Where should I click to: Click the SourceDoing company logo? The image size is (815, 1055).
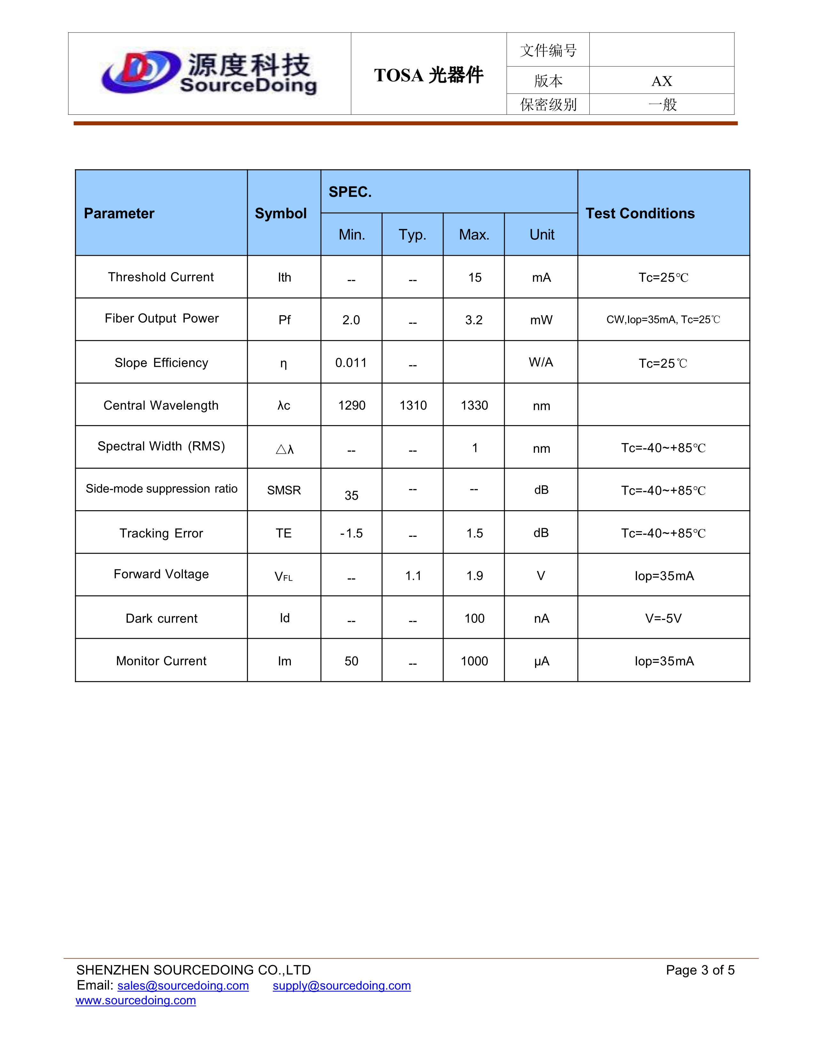209,74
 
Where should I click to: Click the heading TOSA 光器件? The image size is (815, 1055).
428,75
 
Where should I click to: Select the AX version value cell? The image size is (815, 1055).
662,81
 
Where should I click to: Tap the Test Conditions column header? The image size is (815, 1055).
640,214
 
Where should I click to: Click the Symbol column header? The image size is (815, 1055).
281,214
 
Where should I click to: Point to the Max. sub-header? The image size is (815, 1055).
474,235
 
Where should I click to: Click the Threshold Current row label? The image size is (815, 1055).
161,277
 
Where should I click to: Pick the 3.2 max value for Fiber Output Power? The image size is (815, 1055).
474,320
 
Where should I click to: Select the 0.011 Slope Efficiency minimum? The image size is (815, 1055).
351,363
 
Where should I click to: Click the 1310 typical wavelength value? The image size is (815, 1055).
413,405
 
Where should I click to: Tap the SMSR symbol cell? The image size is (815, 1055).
284,490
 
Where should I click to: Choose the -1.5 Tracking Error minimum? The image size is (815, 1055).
351,533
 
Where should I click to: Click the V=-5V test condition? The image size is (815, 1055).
664,618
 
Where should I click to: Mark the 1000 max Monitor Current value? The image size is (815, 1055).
474,661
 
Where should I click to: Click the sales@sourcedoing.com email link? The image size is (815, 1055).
183,985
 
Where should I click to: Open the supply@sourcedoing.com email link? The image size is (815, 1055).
341,985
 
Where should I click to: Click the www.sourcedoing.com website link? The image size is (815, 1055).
136,1000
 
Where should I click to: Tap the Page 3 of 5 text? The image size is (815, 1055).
700,970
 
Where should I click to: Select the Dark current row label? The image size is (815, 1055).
161,618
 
